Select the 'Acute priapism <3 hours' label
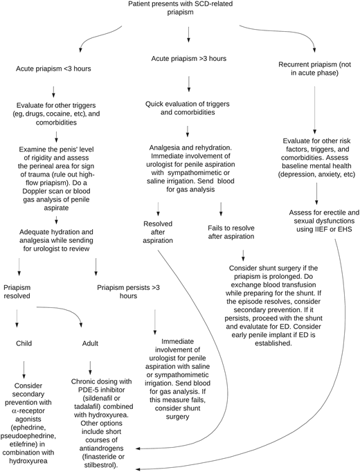tap(54, 69)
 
